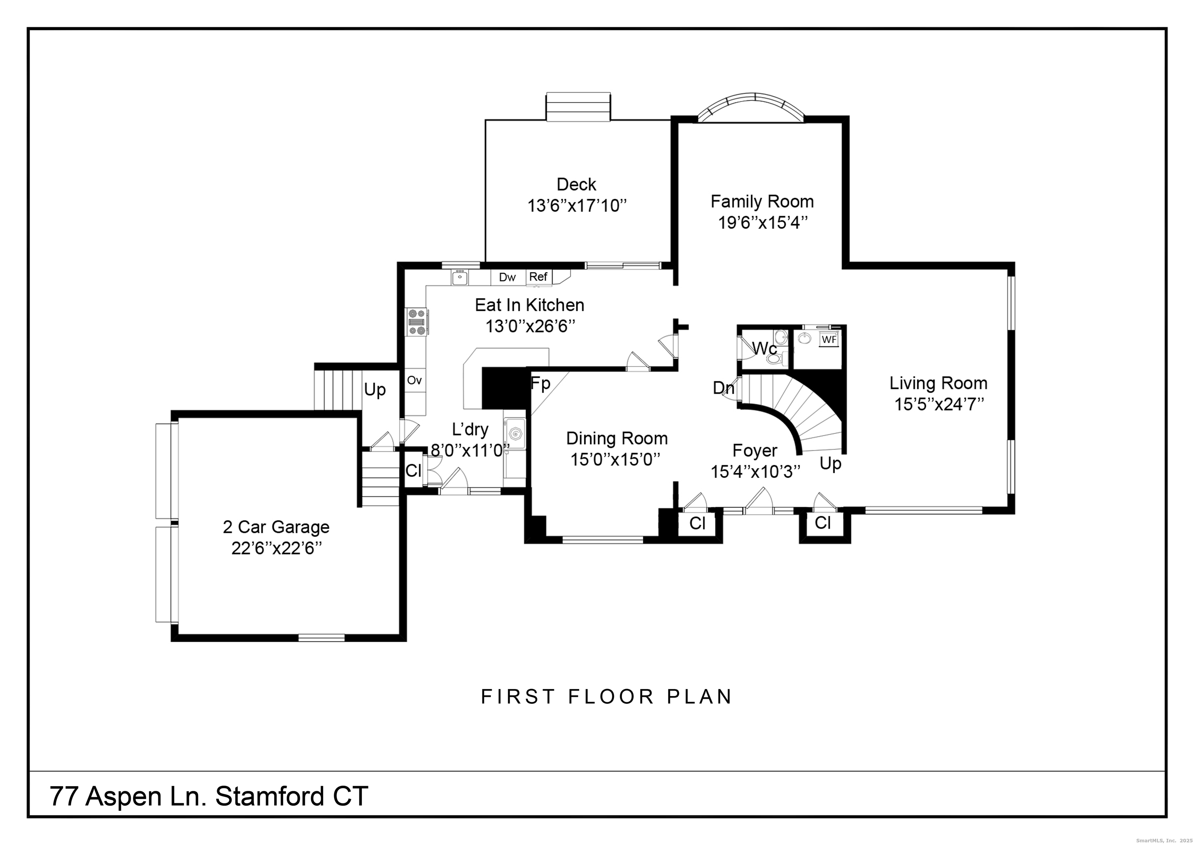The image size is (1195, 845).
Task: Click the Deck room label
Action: pos(576,184)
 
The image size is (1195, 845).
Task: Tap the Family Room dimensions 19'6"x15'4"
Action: pos(762,223)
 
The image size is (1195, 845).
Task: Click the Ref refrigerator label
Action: pos(538,277)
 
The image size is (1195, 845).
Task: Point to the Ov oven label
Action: pos(414,380)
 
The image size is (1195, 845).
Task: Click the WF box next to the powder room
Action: pos(829,340)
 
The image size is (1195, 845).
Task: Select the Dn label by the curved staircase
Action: pos(724,388)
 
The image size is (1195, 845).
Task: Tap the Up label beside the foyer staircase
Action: pos(830,463)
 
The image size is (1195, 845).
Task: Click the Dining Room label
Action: pos(617,438)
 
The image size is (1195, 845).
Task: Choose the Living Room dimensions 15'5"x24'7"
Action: pos(939,405)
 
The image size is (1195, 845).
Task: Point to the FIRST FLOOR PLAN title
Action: pos(606,697)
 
